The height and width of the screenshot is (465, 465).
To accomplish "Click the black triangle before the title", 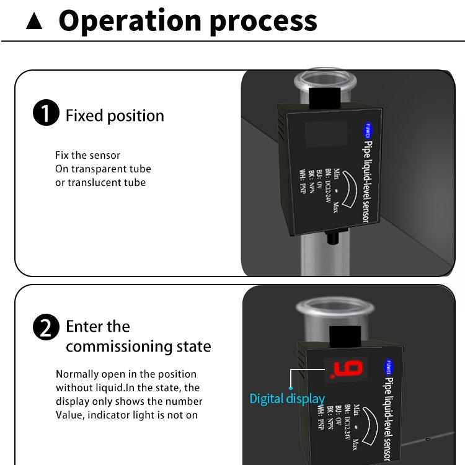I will pos(35,22).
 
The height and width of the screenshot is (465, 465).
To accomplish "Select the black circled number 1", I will pos(46,115).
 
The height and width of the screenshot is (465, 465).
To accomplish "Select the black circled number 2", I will pos(46,327).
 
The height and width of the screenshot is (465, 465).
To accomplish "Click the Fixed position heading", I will pos(115,115).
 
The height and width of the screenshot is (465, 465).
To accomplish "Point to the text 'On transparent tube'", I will pos(103,169).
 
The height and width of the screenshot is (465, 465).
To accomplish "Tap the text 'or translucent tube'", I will pos(100,182).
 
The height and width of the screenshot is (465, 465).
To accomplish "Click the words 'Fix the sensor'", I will pos(87,155).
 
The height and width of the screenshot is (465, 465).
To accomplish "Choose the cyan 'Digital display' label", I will pos(287,398).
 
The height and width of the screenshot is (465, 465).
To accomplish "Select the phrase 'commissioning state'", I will pos(138,346).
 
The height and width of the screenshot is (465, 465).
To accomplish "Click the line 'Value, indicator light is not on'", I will pos(126,415).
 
